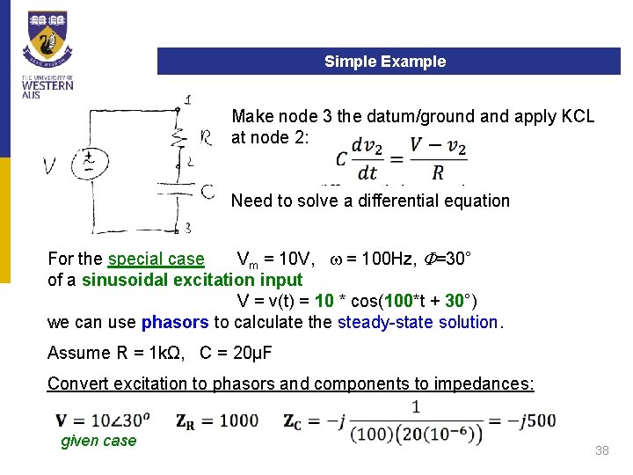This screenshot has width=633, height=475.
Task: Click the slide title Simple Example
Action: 385,62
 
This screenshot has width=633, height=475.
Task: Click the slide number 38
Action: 601,450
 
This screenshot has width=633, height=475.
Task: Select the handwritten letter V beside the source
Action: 51,165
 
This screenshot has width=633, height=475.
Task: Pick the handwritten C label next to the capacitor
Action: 207,190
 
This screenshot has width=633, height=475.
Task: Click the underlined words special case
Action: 156,259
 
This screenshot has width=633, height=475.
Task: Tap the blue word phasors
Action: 175,322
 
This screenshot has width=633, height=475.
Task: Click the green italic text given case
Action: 98,441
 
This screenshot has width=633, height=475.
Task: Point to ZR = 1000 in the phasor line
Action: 217,420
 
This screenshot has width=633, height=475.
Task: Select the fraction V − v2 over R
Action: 436,157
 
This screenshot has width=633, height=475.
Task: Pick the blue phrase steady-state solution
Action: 418,322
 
